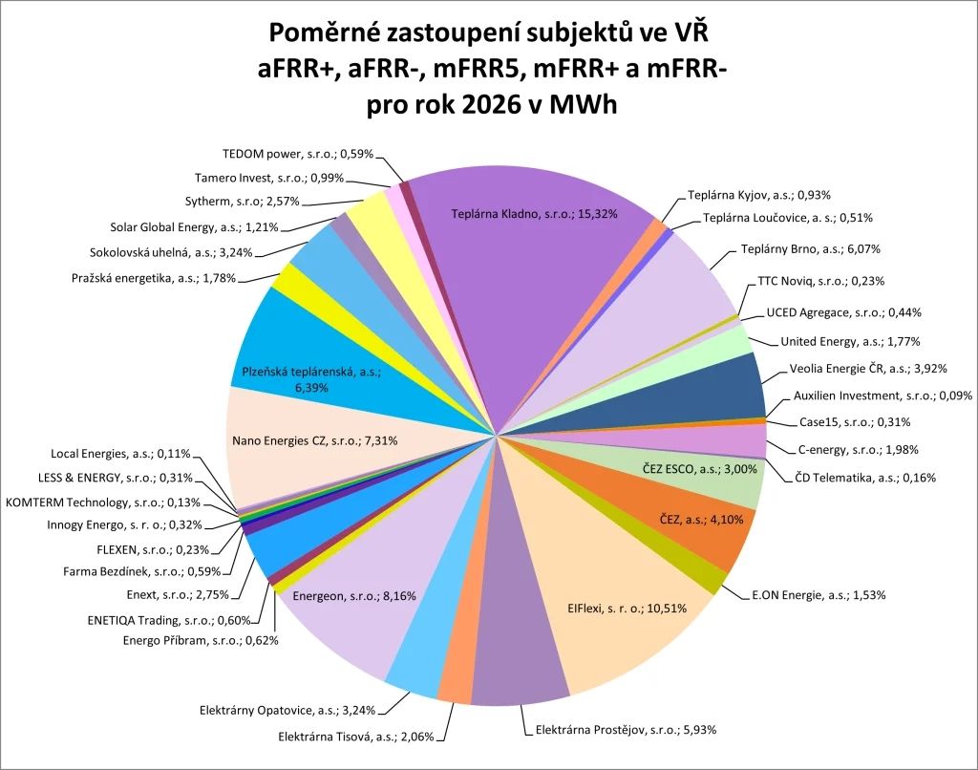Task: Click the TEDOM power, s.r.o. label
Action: pos(298,153)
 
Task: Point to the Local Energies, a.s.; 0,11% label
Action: pos(120,454)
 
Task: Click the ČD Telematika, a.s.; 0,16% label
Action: pos(864,477)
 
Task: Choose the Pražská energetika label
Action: pos(153,278)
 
